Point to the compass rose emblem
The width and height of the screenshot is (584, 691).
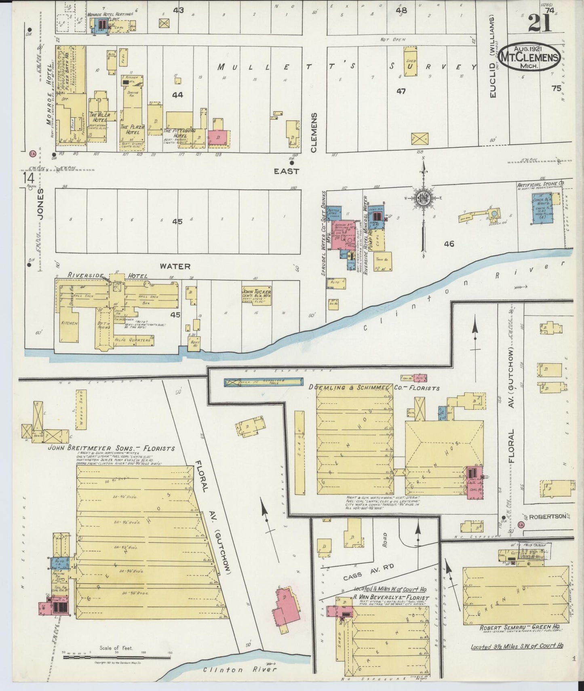[x=422, y=198]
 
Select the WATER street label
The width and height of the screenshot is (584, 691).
[x=175, y=266]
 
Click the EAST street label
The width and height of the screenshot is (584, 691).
[x=286, y=171]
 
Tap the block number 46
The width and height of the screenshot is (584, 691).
[x=449, y=244]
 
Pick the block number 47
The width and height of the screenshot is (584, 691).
[x=401, y=91]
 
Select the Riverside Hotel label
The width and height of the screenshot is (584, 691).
[x=106, y=275]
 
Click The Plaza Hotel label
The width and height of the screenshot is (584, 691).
[x=130, y=129]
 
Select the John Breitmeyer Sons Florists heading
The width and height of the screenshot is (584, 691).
[x=112, y=448]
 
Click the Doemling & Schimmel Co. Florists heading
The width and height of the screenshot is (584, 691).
[x=373, y=388]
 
